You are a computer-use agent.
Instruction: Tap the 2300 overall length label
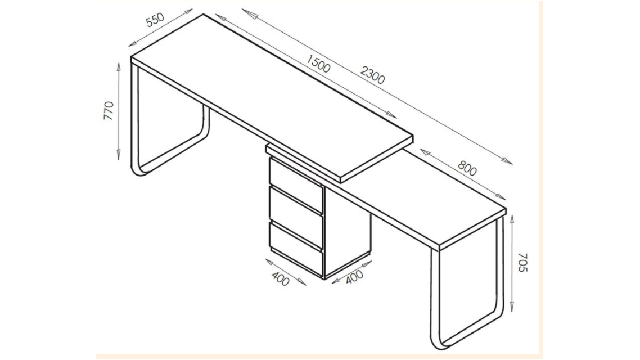[372, 75]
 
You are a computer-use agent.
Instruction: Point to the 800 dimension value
[467, 168]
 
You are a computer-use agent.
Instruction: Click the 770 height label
[109, 111]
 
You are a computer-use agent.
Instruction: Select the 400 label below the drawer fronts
[280, 277]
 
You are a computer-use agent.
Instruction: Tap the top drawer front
[296, 181]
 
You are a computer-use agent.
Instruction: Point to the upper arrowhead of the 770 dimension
[119, 65]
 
